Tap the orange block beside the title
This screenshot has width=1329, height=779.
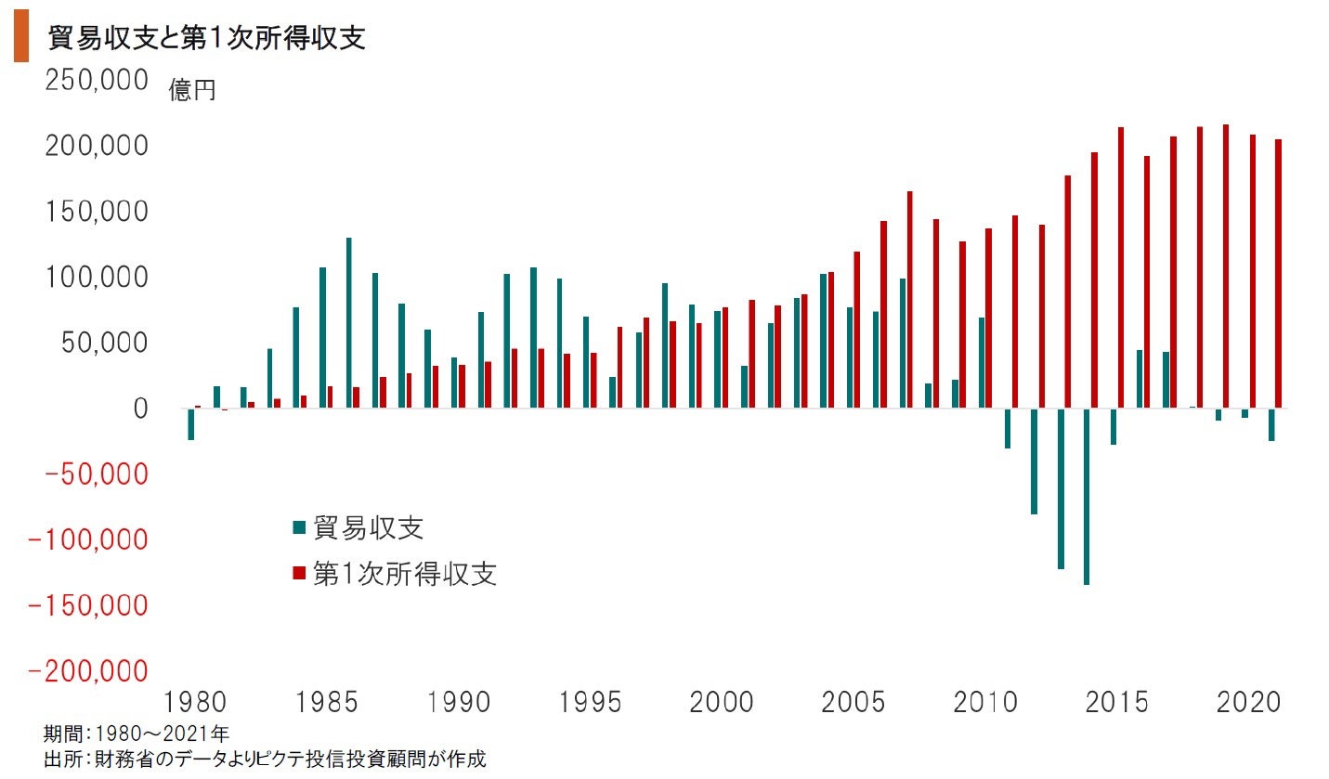tap(20, 40)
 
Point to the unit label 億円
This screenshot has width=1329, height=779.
tap(192, 91)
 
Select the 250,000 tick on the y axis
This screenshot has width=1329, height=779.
tap(97, 81)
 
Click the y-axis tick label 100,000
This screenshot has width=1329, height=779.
tap(97, 278)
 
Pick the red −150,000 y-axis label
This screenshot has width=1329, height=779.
tap(89, 605)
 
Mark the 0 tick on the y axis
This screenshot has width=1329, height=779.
tap(140, 409)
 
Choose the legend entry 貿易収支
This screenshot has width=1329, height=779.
tap(369, 527)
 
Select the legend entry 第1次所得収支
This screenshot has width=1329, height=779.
tap(404, 574)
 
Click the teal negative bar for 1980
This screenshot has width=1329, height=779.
tap(190, 424)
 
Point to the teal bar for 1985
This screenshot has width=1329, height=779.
tap(323, 338)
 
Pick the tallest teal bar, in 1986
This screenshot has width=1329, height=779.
tap(349, 323)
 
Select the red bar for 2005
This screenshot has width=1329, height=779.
tap(857, 330)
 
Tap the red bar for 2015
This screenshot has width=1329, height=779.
tap(1121, 267)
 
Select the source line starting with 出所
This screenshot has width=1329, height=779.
tap(265, 760)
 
